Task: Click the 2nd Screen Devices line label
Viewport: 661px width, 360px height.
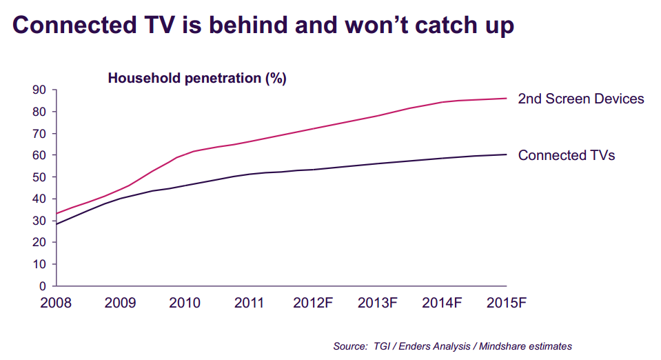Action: tap(580, 99)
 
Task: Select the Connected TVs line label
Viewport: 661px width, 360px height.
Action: tap(566, 155)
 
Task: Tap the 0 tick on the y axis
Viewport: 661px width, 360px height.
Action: tap(42, 286)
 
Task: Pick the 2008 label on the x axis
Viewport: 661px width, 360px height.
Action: tap(56, 303)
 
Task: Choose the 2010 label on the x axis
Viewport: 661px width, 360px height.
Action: tap(185, 303)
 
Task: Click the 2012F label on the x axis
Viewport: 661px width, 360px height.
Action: tap(314, 303)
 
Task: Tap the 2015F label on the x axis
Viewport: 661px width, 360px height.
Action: tap(507, 303)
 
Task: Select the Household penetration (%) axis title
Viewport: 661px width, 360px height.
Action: tap(196, 78)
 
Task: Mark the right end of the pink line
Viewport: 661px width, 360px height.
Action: tap(507, 98)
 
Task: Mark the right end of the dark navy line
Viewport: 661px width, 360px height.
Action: tap(507, 154)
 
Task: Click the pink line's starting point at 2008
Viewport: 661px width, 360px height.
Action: tap(56, 213)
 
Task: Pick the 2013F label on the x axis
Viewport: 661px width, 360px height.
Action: tap(378, 303)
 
